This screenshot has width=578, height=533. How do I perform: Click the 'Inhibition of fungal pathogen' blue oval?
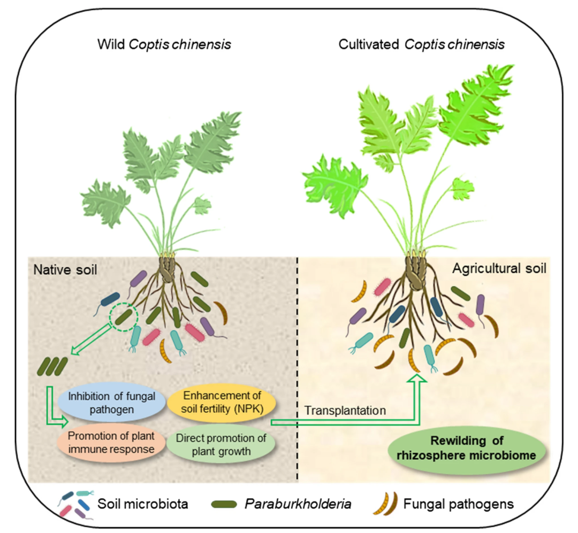tap(112, 403)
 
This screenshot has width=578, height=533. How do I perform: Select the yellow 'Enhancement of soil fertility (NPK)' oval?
tap(222, 402)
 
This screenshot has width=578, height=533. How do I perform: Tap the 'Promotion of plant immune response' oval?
tap(111, 443)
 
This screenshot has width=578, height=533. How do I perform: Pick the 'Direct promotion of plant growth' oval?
tap(221, 445)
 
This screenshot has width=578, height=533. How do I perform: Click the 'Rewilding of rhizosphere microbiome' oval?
tap(467, 449)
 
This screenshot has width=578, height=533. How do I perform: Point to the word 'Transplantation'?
tap(345, 411)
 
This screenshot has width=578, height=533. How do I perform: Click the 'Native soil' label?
tap(65, 269)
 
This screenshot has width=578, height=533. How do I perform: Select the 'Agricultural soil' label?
tap(499, 268)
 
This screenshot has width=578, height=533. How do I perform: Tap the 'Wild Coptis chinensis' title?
tap(164, 44)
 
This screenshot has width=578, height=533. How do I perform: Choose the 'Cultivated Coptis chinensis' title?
tap(421, 44)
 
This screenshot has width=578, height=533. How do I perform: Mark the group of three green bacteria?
tap(52, 367)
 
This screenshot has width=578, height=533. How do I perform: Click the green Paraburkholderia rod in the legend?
tap(224, 504)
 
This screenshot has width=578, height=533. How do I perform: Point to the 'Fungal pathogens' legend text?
tap(458, 504)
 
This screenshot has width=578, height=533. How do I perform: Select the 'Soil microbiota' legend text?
tap(143, 504)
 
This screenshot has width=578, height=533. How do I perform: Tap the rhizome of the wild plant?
tap(166, 268)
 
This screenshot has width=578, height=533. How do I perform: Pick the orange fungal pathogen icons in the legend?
tap(385, 503)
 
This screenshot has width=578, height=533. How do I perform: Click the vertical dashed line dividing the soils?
tap(298, 369)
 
